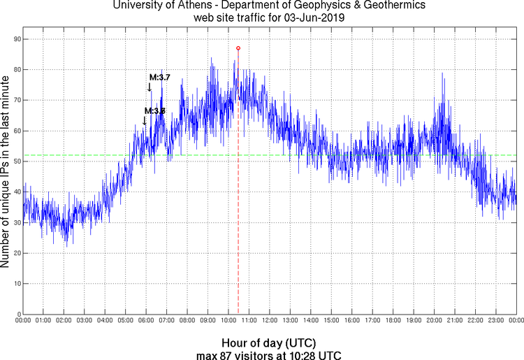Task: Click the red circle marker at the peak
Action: click(238, 48)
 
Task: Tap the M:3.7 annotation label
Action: click(159, 78)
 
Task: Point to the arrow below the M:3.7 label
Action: click(150, 87)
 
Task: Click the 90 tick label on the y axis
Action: click(15, 39)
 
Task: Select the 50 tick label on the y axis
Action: click(15, 161)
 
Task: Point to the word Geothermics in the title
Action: click(391, 6)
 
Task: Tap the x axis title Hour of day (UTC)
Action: click(268, 343)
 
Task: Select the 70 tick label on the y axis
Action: click(15, 101)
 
